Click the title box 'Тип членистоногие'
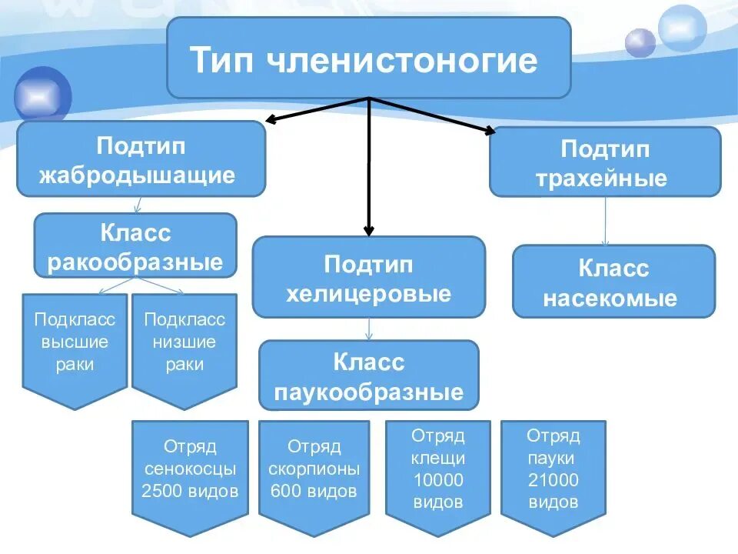click(369, 58)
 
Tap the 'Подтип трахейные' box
click(605, 162)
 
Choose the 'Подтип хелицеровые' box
click(369, 277)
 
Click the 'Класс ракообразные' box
click(135, 245)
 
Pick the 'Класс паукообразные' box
click(369, 375)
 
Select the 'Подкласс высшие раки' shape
click(75, 343)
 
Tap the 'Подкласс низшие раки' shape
click(184, 343)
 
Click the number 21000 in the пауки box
click(553, 481)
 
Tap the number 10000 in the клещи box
click(437, 481)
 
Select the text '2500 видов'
click(190, 491)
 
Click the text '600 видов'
click(314, 491)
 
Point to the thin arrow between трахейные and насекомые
click(605, 222)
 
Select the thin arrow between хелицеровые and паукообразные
click(369, 329)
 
